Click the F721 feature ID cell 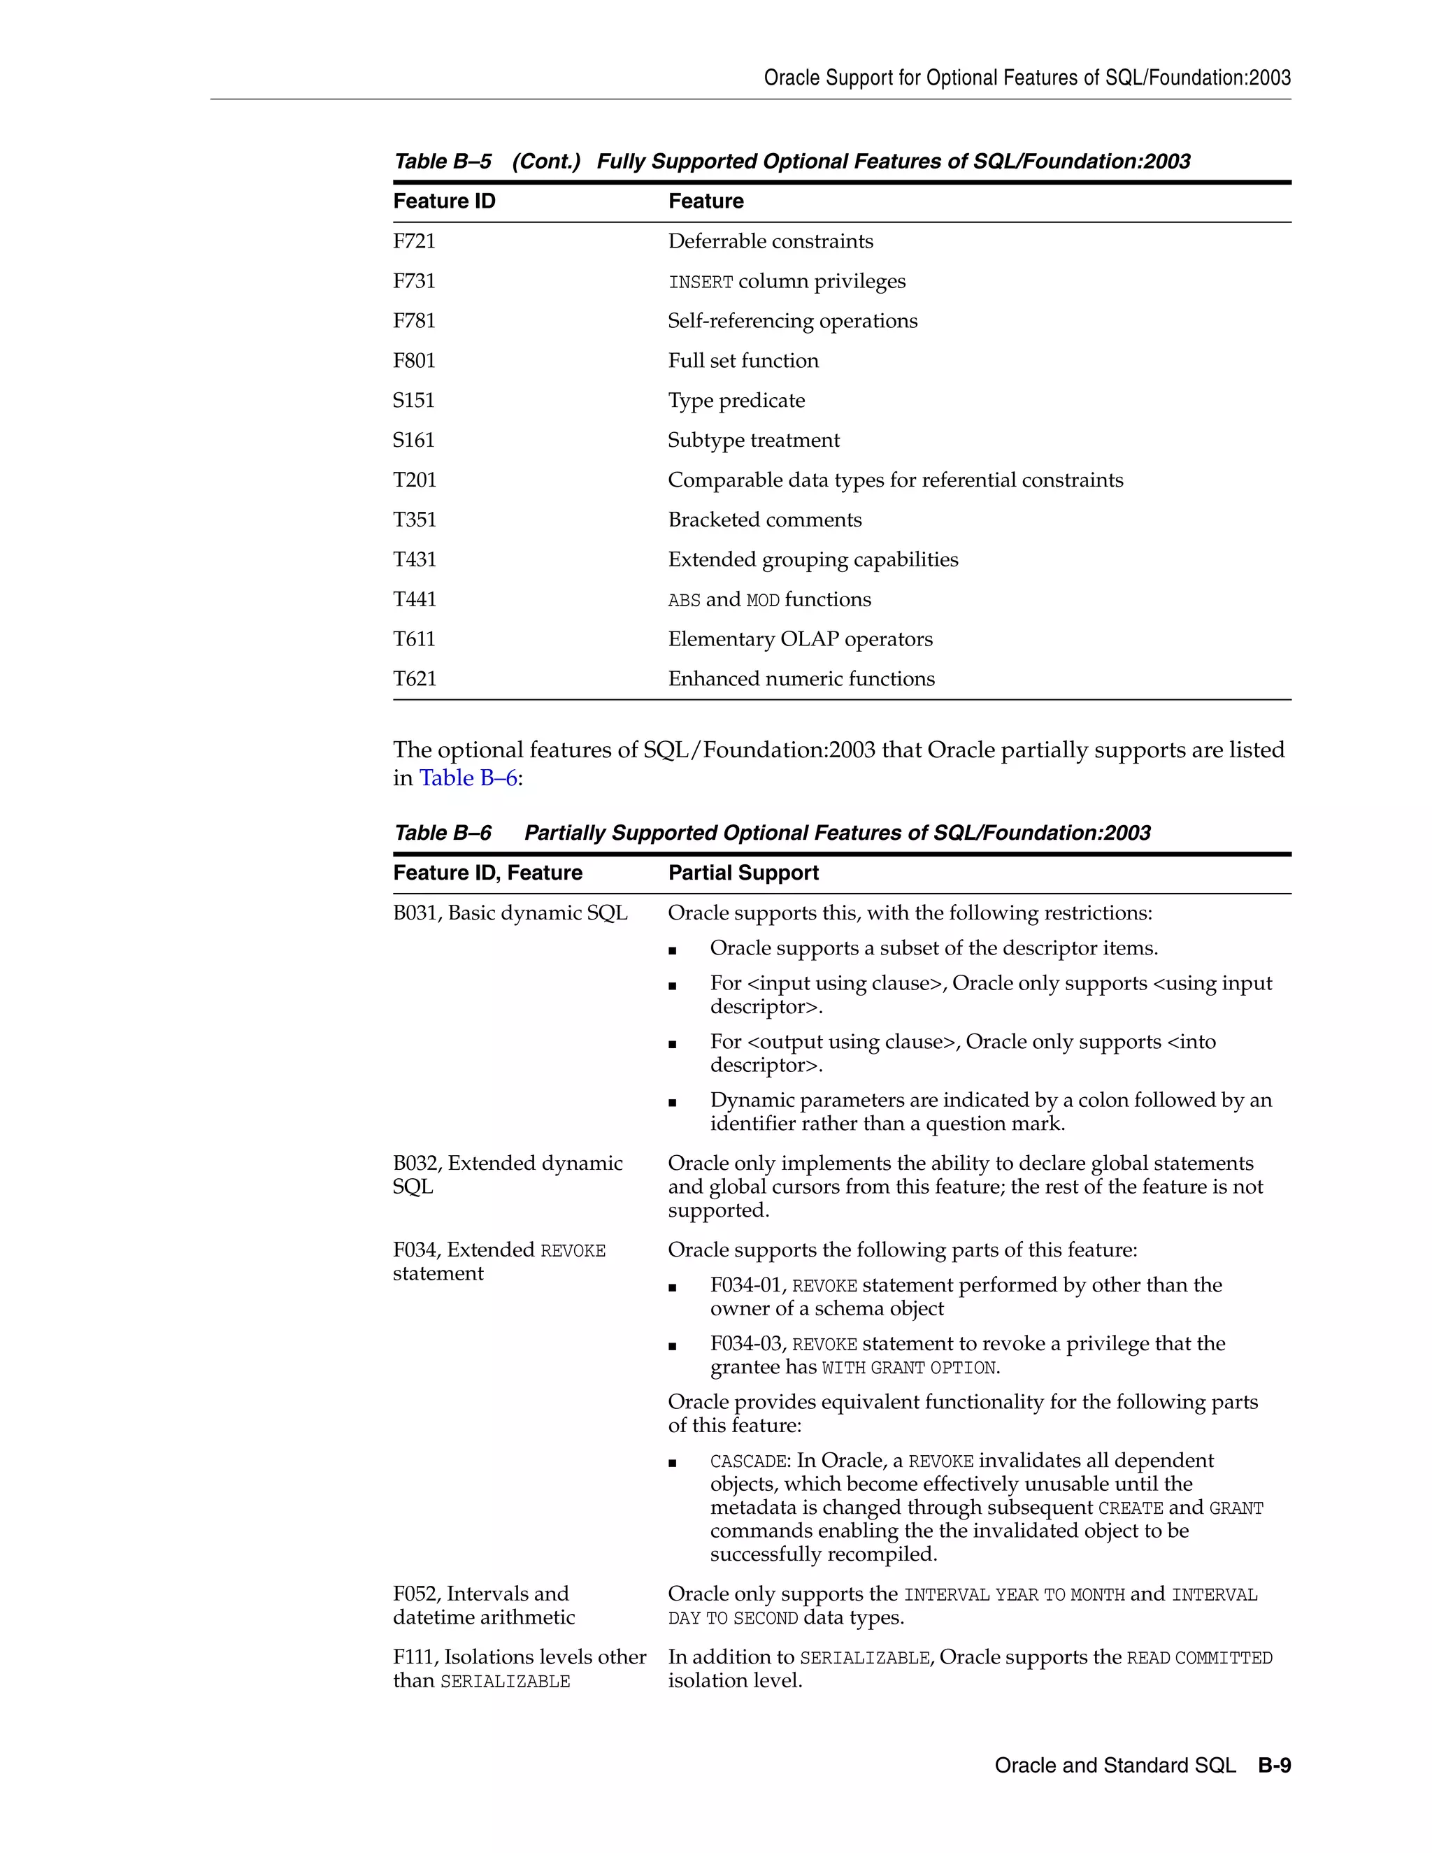pyautogui.click(x=414, y=242)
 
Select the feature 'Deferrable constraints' pyautogui.click(x=771, y=242)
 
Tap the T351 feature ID pyautogui.click(x=414, y=520)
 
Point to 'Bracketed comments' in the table pyautogui.click(x=764, y=520)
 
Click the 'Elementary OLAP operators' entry pyautogui.click(x=800, y=640)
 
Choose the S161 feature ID pyautogui.click(x=413, y=441)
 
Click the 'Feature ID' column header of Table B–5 pyautogui.click(x=444, y=202)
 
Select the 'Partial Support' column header pyautogui.click(x=743, y=873)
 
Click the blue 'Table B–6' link pyautogui.click(x=468, y=778)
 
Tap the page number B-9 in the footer pyautogui.click(x=1274, y=1766)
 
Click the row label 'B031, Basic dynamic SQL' pyautogui.click(x=510, y=914)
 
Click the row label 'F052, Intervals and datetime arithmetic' pyautogui.click(x=484, y=1606)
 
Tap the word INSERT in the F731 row pyautogui.click(x=700, y=282)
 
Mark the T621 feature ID pyautogui.click(x=414, y=680)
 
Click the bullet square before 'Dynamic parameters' pyautogui.click(x=673, y=1103)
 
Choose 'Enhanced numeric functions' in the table pyautogui.click(x=801, y=680)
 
